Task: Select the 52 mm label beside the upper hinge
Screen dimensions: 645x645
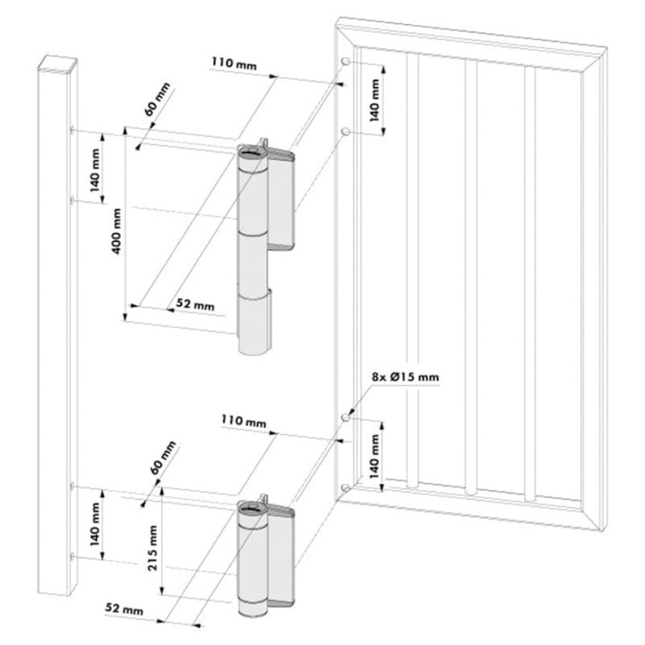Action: [195, 305]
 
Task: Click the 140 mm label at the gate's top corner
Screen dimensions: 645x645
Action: [374, 98]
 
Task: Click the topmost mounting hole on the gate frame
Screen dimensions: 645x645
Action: [345, 61]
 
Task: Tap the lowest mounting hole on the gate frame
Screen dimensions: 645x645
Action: [345, 487]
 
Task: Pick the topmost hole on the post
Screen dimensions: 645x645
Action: [70, 131]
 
